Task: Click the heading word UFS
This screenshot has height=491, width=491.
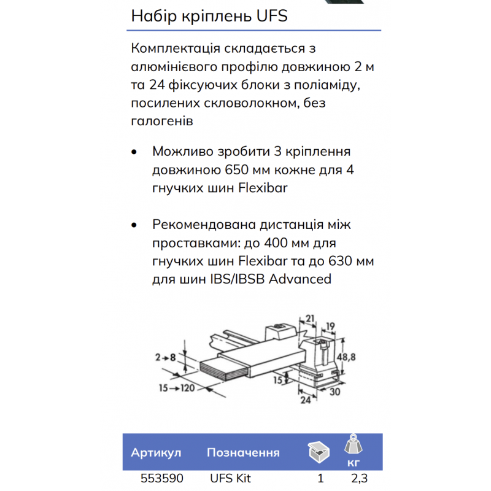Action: tap(270, 17)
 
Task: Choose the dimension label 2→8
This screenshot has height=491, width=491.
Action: tap(166, 356)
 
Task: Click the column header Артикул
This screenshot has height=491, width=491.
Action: tap(156, 453)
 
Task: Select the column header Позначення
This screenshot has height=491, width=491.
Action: tap(243, 453)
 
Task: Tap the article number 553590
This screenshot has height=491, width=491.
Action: tap(155, 479)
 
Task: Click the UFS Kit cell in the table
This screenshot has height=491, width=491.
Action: tap(231, 479)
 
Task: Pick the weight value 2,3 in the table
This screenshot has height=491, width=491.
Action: tap(360, 479)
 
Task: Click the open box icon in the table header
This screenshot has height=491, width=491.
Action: tap(319, 452)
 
